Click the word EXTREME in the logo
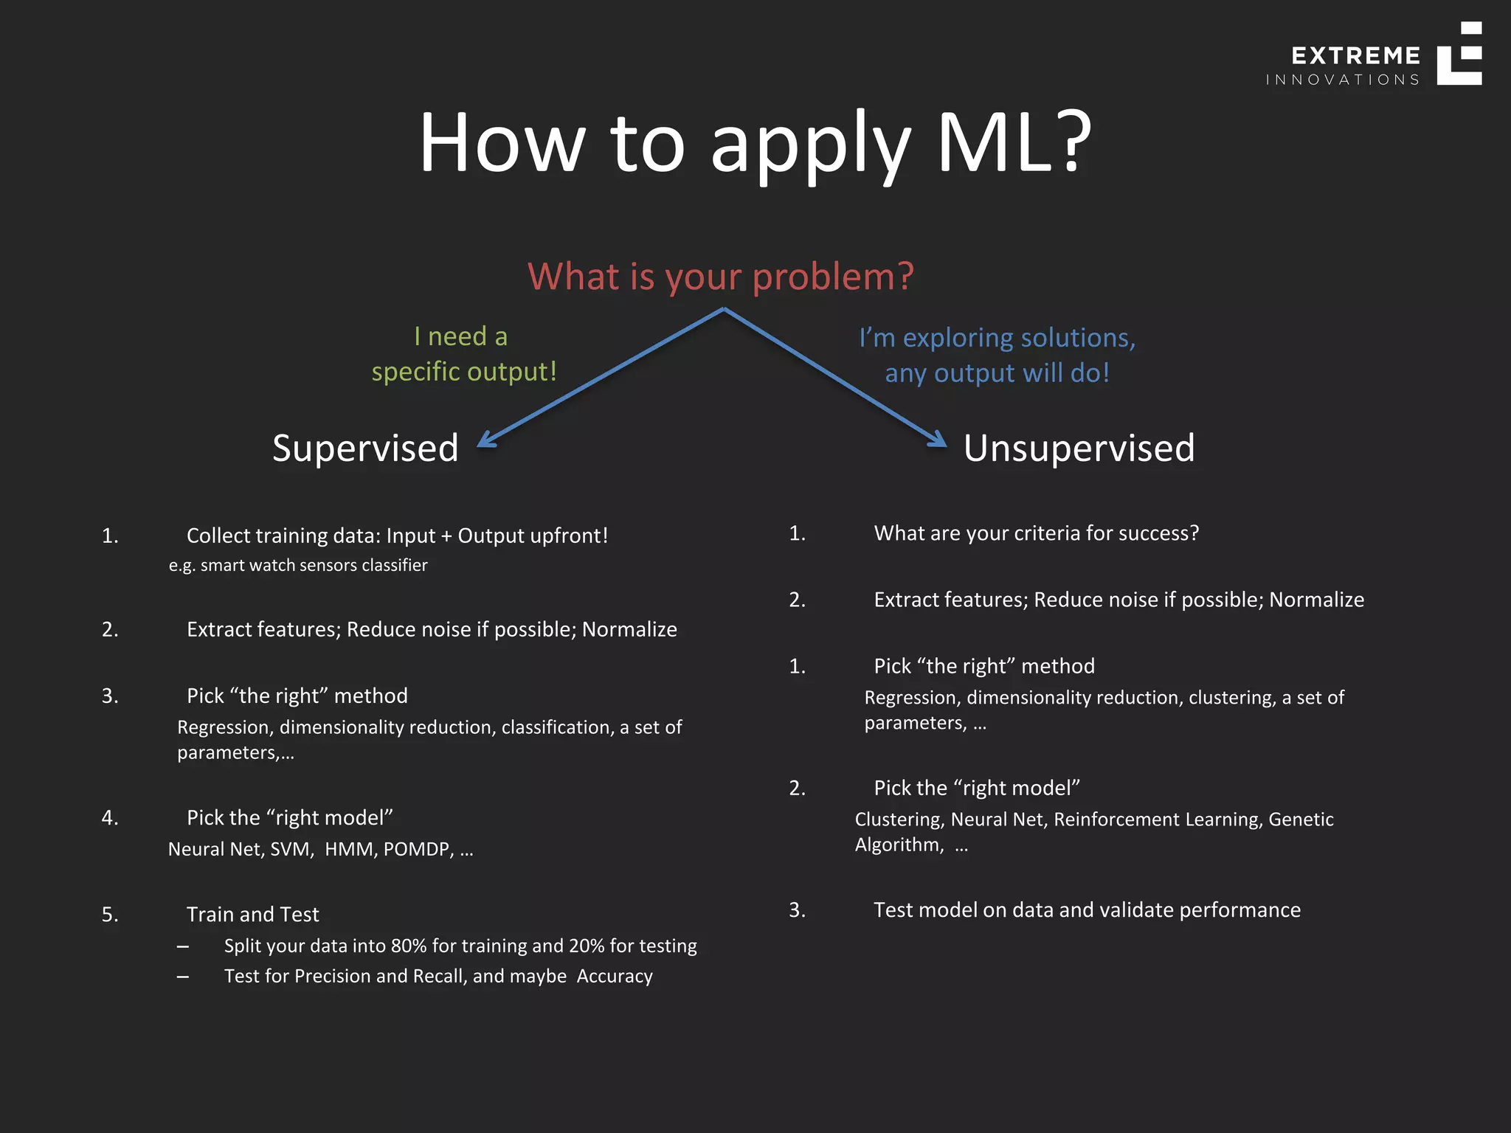pos(1355,56)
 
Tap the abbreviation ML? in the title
pos(1013,142)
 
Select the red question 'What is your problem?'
pos(721,277)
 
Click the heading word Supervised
pos(365,448)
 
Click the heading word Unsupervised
pos(1079,448)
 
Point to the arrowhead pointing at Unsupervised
pos(938,440)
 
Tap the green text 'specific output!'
pos(464,371)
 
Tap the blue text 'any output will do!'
pos(997,373)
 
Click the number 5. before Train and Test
pos(110,915)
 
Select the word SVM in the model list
pos(290,849)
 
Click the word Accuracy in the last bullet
pos(615,976)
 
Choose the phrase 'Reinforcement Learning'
pos(1157,820)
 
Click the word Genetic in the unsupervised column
pos(1301,820)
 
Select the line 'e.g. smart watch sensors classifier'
pos(298,565)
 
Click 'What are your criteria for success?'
pos(1036,533)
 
